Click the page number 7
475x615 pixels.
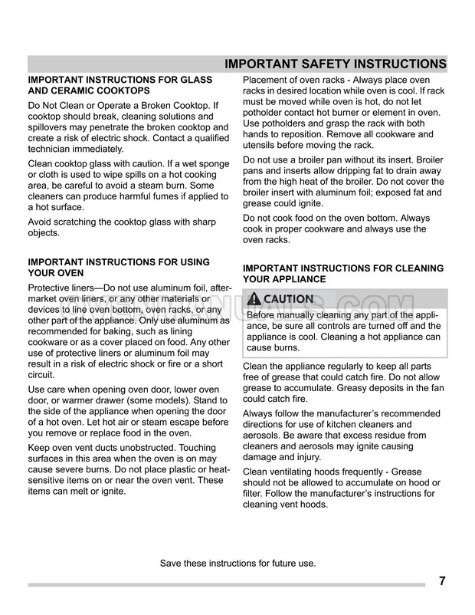coord(443,580)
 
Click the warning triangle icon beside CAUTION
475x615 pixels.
coord(253,299)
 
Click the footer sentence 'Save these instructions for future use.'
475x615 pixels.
coord(237,564)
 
